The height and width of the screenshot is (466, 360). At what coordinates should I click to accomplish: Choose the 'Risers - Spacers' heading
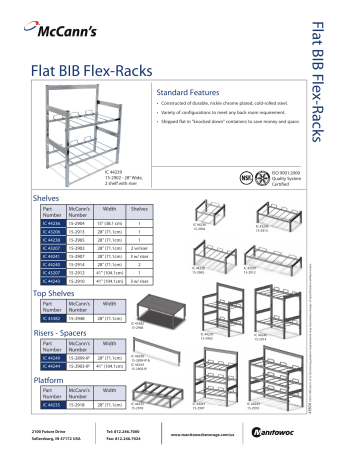[61, 333]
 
